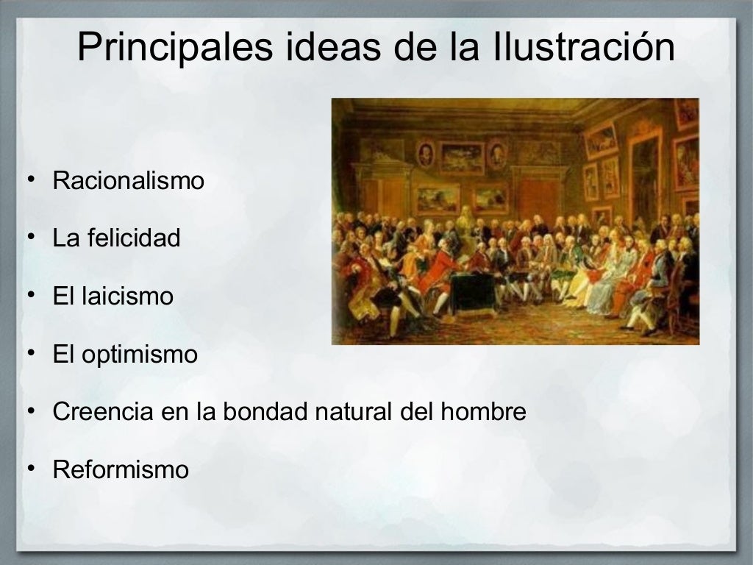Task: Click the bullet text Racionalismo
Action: point(128,181)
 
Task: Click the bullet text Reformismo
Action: point(121,469)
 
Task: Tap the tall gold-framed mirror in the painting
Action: point(645,177)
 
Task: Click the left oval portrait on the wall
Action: point(426,154)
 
